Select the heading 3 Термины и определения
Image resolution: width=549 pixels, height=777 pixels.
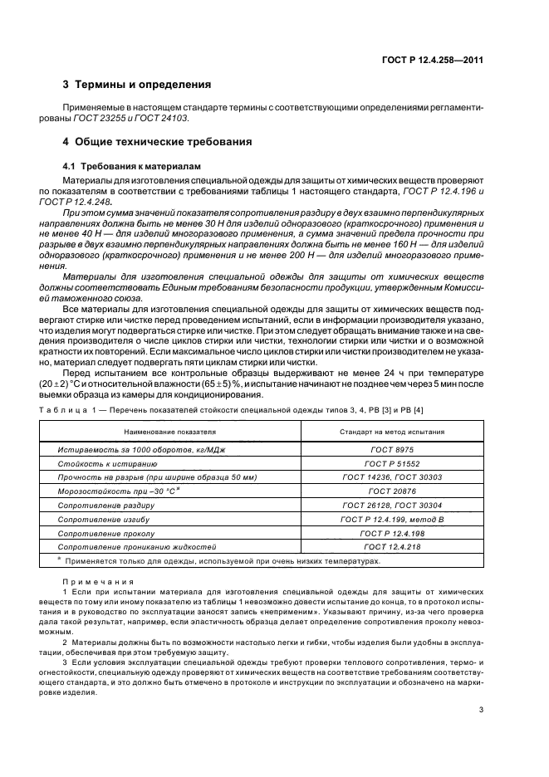click(x=137, y=85)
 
